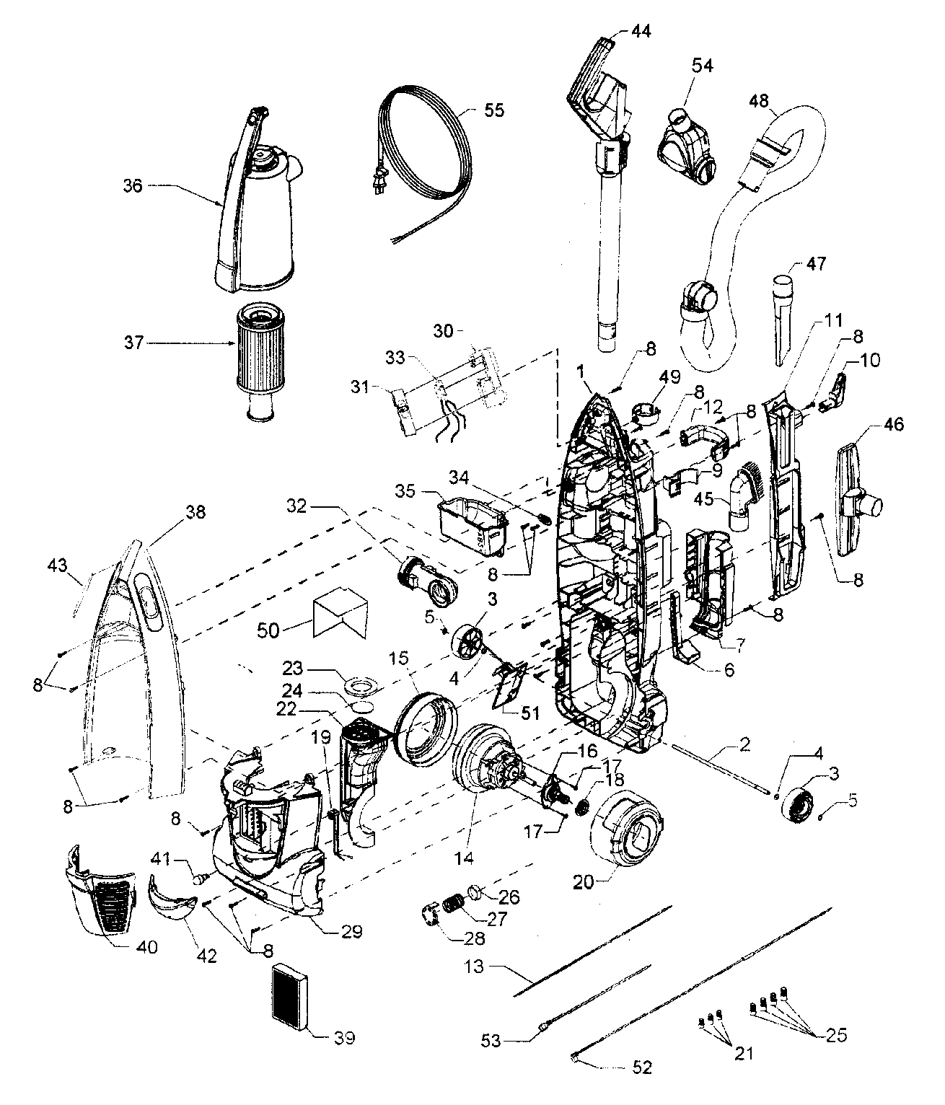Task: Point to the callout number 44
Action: [640, 31]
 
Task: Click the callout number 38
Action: [195, 512]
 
